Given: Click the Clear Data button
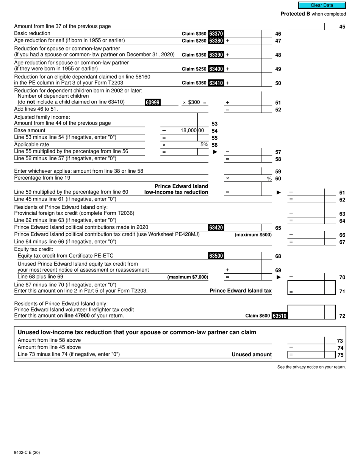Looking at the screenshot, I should tap(322, 5).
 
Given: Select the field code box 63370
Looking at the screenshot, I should tap(216, 34).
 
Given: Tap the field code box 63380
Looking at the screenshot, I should tap(216, 41).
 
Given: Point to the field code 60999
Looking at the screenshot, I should tap(152, 102).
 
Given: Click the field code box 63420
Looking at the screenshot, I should tap(216, 227).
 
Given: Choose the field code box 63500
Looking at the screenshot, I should tap(216, 256).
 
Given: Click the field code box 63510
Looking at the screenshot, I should tap(280, 316).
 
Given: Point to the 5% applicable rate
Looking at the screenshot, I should tap(204, 145).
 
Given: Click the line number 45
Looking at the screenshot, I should tap(342, 27).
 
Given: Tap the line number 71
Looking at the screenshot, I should tap(342, 291).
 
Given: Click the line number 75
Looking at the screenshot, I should tap(340, 355).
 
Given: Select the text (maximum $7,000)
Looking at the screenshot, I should tap(188, 277).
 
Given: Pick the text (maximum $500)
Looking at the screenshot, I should tap(253, 235).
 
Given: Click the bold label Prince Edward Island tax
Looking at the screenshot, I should tap(241, 291).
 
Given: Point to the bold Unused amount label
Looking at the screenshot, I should tap(252, 355).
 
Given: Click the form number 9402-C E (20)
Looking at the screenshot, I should tap(27, 452).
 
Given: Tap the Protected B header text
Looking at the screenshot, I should tap(313, 14).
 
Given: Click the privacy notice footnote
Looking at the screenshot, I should tap(311, 367).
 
